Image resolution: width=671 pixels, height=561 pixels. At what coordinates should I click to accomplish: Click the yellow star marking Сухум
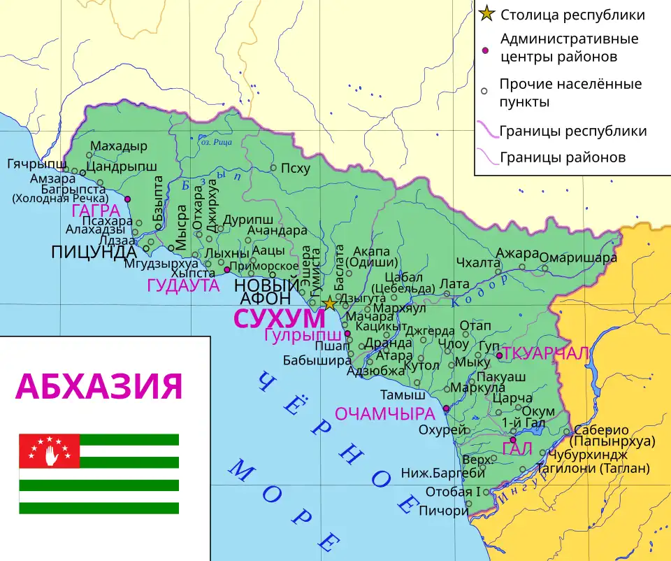click(329, 304)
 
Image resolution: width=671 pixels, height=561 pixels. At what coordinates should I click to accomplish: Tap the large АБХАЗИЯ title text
click(99, 385)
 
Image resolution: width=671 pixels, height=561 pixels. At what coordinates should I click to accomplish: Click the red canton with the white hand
click(49, 450)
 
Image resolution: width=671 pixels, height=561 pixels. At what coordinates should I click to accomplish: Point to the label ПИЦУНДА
click(93, 252)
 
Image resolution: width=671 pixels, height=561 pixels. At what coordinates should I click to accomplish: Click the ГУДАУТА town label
click(183, 285)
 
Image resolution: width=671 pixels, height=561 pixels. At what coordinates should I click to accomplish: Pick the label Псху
click(295, 168)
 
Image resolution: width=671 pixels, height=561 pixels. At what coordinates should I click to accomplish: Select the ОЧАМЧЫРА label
click(386, 413)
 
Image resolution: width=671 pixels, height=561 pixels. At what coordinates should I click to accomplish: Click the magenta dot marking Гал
click(513, 440)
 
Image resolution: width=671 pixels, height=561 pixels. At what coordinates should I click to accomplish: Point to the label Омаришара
click(578, 257)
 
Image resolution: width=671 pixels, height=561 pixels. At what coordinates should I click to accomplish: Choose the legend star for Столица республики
click(487, 14)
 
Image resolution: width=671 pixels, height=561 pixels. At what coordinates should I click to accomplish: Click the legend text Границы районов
click(562, 157)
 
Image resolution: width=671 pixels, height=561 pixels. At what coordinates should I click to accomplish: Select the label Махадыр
click(120, 146)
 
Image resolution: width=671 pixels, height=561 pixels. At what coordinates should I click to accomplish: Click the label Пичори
click(443, 511)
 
